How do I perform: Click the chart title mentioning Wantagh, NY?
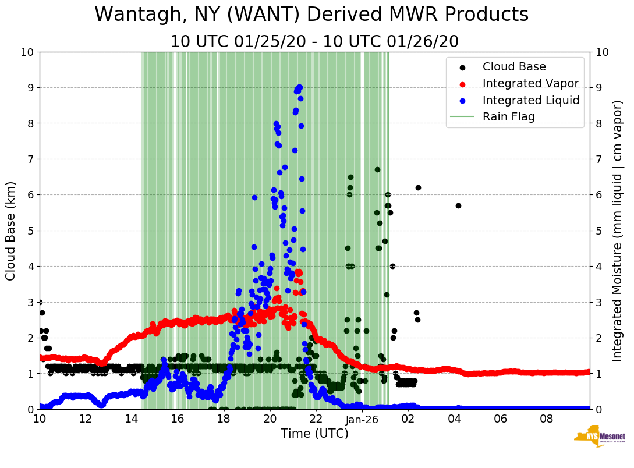(311, 15)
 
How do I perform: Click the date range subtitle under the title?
(314, 42)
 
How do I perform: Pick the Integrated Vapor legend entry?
(530, 84)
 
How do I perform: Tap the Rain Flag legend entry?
(508, 117)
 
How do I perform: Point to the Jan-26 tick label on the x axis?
(362, 419)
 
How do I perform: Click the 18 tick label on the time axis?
(224, 419)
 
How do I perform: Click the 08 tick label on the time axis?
(547, 419)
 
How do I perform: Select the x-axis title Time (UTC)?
(314, 434)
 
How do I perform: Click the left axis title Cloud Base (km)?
(11, 231)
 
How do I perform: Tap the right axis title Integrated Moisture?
(618, 231)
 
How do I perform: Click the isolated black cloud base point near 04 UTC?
(458, 205)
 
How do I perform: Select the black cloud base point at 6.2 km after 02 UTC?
(418, 187)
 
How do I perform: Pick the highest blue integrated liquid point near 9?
(299, 87)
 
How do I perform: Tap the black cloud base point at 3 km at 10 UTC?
(40, 302)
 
